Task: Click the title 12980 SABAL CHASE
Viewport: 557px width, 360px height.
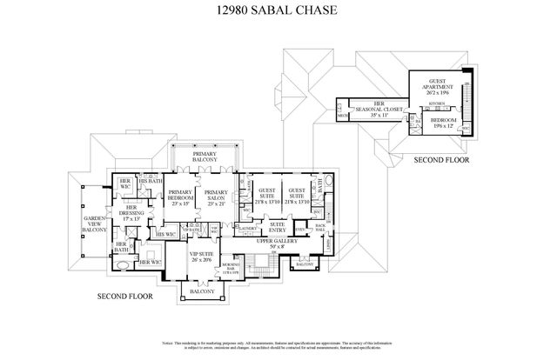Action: coord(278,13)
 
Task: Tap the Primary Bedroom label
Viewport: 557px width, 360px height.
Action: coord(180,198)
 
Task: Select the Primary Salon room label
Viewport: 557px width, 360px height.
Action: coord(216,198)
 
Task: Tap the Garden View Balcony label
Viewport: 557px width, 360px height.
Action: coord(94,224)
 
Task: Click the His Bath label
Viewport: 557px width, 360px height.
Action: coord(149,181)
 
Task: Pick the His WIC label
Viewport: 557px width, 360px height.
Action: coord(164,234)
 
